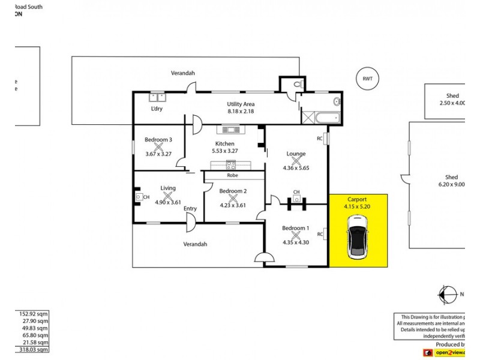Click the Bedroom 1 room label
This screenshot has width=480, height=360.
[x=295, y=227]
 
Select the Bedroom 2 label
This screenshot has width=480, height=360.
[x=233, y=191]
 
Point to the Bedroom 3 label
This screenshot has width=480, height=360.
[x=158, y=140]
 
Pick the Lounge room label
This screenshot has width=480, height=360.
[x=295, y=154]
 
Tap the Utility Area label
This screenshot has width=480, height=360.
[x=241, y=104]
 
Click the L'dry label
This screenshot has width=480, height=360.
[x=157, y=109]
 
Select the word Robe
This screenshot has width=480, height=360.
[x=233, y=176]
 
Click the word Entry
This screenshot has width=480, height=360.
[x=190, y=209]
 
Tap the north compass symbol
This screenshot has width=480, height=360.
[x=447, y=295]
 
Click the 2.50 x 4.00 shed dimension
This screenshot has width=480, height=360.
[x=452, y=103]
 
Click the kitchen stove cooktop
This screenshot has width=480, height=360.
[x=231, y=129]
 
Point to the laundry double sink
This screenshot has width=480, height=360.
[x=158, y=96]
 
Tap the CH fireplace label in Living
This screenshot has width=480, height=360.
[x=147, y=196]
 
